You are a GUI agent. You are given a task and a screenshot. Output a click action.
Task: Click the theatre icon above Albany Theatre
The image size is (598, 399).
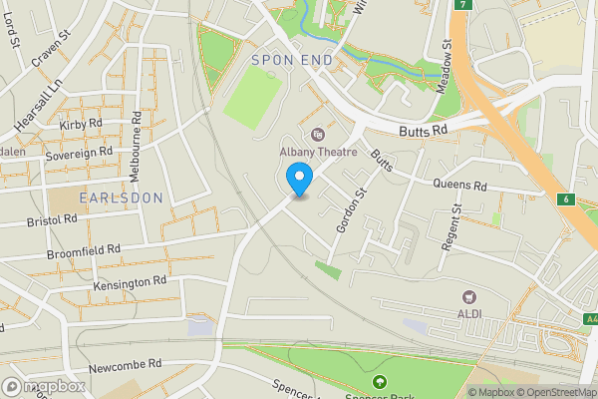318,134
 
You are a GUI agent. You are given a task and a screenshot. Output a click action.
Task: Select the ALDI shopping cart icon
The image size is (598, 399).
467,297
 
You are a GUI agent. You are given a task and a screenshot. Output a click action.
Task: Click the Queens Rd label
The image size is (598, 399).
459,185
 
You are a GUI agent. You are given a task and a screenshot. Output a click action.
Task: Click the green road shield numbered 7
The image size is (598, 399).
461,5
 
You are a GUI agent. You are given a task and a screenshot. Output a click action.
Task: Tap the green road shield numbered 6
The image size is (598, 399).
566,199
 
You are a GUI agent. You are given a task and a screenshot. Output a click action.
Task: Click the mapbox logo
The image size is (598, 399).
43,386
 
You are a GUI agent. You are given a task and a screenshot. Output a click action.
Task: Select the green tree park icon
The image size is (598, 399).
379,382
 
